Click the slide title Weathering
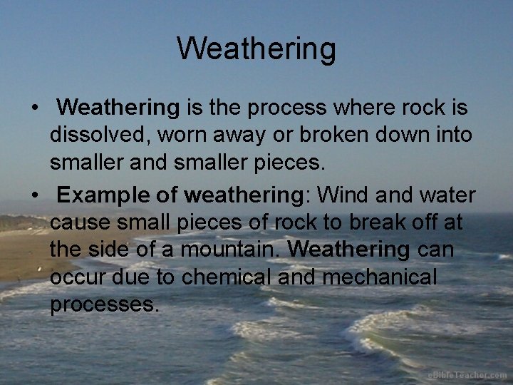coord(256,49)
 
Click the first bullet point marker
coord(34,109)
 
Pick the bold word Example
coord(103,195)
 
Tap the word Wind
coord(343,195)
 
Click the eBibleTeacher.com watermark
coord(467,375)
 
